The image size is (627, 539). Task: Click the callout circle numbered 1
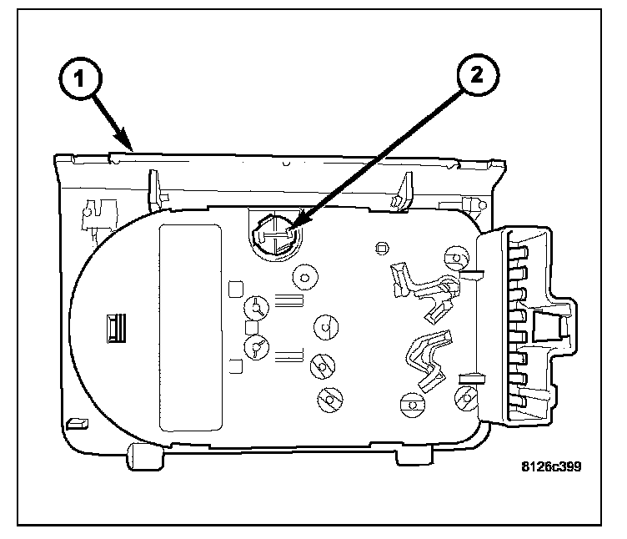(80, 78)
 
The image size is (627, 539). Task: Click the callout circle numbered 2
(478, 75)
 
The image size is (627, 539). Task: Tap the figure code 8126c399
(551, 466)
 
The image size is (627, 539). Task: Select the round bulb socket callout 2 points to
(276, 236)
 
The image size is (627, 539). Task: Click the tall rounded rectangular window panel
(190, 327)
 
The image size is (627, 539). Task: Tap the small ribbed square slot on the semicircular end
(116, 328)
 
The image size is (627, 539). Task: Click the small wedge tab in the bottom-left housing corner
(77, 423)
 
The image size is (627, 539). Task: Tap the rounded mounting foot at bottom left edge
(145, 456)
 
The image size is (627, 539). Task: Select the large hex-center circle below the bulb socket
(305, 277)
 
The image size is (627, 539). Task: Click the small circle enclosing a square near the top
(382, 249)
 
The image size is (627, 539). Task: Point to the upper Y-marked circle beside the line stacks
(256, 307)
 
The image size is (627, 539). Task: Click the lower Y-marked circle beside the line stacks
(256, 347)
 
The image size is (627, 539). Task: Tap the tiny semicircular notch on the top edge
(286, 164)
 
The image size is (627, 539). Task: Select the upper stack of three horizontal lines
(288, 300)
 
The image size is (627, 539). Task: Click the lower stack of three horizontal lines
(288, 355)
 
